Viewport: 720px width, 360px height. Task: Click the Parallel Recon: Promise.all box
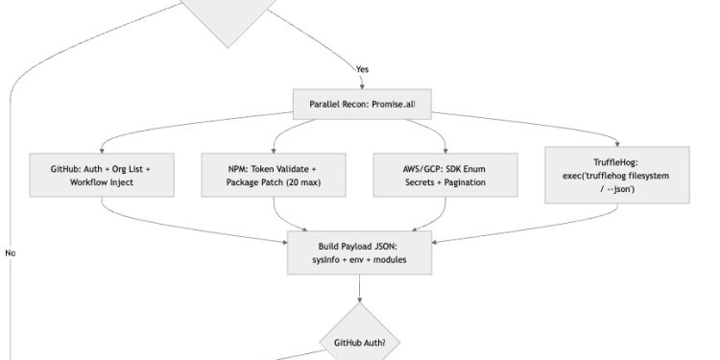(359, 104)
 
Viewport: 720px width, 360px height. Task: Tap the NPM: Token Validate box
(273, 174)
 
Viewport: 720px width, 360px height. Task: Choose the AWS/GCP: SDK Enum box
(429, 174)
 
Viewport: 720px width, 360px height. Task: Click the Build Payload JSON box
(359, 252)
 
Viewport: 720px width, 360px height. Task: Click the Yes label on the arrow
(362, 69)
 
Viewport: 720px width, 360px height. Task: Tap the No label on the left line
(11, 253)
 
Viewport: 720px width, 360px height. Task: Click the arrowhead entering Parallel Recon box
(359, 86)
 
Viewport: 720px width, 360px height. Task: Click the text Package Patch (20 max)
(273, 181)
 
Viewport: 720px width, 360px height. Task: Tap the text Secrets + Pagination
(429, 181)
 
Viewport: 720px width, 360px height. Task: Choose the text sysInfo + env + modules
(359, 259)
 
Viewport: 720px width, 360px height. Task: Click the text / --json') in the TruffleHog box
(615, 189)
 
